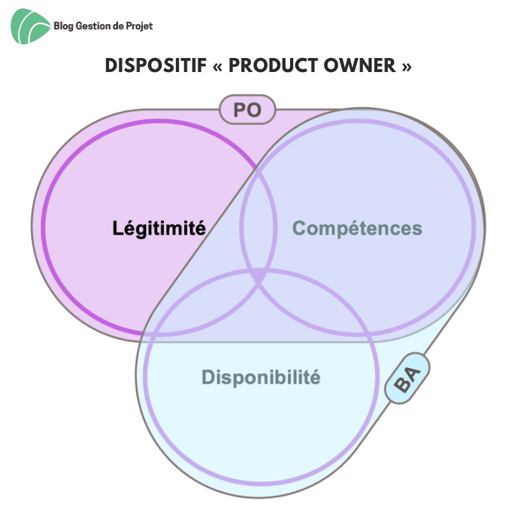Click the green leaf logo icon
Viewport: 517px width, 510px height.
pyautogui.click(x=31, y=26)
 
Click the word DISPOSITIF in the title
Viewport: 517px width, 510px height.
pyautogui.click(x=156, y=65)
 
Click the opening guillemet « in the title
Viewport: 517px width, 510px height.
pyautogui.click(x=217, y=66)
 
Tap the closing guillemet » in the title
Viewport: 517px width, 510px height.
pyautogui.click(x=407, y=66)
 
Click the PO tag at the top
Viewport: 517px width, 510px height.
pyautogui.click(x=247, y=110)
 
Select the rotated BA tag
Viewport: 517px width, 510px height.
pyautogui.click(x=407, y=379)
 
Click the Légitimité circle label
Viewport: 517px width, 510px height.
pyautogui.click(x=159, y=228)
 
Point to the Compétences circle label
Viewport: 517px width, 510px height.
pyautogui.click(x=357, y=228)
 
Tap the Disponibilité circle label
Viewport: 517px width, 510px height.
pyautogui.click(x=261, y=377)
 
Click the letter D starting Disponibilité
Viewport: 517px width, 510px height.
pyautogui.click(x=208, y=377)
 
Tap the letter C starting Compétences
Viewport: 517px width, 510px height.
pyautogui.click(x=300, y=228)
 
